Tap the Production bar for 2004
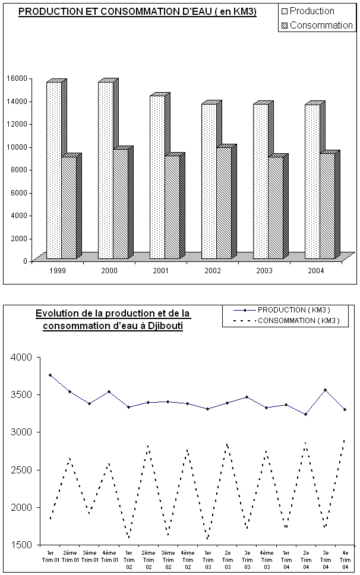(312, 182)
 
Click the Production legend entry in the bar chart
(312, 11)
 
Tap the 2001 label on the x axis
(160, 270)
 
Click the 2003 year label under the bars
(264, 270)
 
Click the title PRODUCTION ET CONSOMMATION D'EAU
(137, 12)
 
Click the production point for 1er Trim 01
(50, 375)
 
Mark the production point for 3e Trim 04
(325, 390)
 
